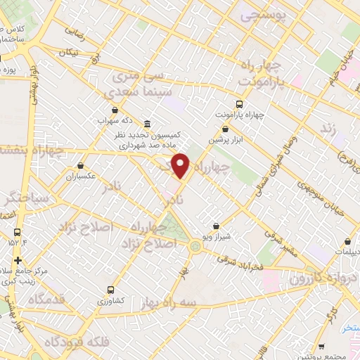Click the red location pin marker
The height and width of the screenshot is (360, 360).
(x=181, y=166)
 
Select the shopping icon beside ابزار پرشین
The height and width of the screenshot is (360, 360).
(x=225, y=129)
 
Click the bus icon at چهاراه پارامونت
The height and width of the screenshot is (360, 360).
(x=239, y=103)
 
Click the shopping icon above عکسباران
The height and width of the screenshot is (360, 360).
(x=82, y=166)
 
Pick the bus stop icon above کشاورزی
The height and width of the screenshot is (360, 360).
(x=110, y=289)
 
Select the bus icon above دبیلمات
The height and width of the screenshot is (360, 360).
(x=347, y=241)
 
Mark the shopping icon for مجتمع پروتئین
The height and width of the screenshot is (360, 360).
(x=321, y=346)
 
